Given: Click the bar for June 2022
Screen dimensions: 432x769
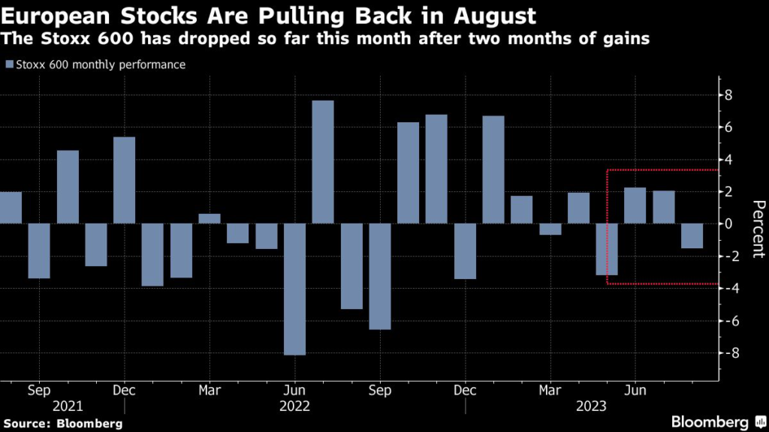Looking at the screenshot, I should pos(294,289).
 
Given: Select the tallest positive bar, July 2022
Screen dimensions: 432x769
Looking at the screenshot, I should pos(323,162).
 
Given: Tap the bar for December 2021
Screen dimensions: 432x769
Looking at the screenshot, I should pos(124,180).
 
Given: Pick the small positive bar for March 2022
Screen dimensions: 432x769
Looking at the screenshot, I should pos(210,218).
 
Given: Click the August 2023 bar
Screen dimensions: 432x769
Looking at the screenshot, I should pos(692,235).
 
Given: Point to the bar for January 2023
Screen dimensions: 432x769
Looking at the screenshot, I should pos(493,169).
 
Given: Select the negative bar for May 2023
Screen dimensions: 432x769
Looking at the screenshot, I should pos(607,249).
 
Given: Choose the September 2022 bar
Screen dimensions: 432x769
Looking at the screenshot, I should pos(380,276).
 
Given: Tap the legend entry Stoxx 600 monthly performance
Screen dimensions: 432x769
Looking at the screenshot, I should pos(95,64).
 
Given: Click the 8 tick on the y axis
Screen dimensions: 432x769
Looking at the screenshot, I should pos(728,95).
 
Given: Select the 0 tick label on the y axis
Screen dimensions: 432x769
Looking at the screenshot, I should pos(728,223).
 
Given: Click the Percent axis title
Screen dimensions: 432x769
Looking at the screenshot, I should pos(758,229).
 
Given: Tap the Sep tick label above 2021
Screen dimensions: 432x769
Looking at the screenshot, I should pos(39,391).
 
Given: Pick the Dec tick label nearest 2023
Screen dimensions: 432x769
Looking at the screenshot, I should pos(466,391).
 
